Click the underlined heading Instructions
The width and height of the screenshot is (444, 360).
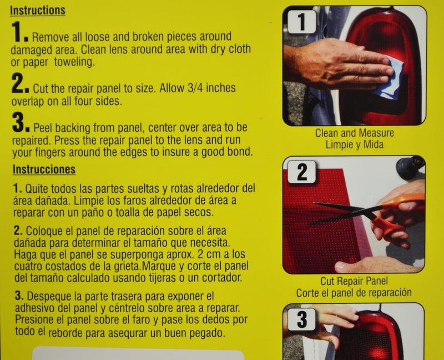(38, 11)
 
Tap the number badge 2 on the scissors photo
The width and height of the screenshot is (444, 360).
(301, 173)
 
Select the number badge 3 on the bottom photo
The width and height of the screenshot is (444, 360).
(301, 319)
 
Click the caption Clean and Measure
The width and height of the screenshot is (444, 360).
(354, 133)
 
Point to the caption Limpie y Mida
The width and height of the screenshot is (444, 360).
(354, 144)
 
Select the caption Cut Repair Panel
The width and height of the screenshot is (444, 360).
(354, 281)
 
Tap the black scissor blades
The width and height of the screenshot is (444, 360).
(339, 211)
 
